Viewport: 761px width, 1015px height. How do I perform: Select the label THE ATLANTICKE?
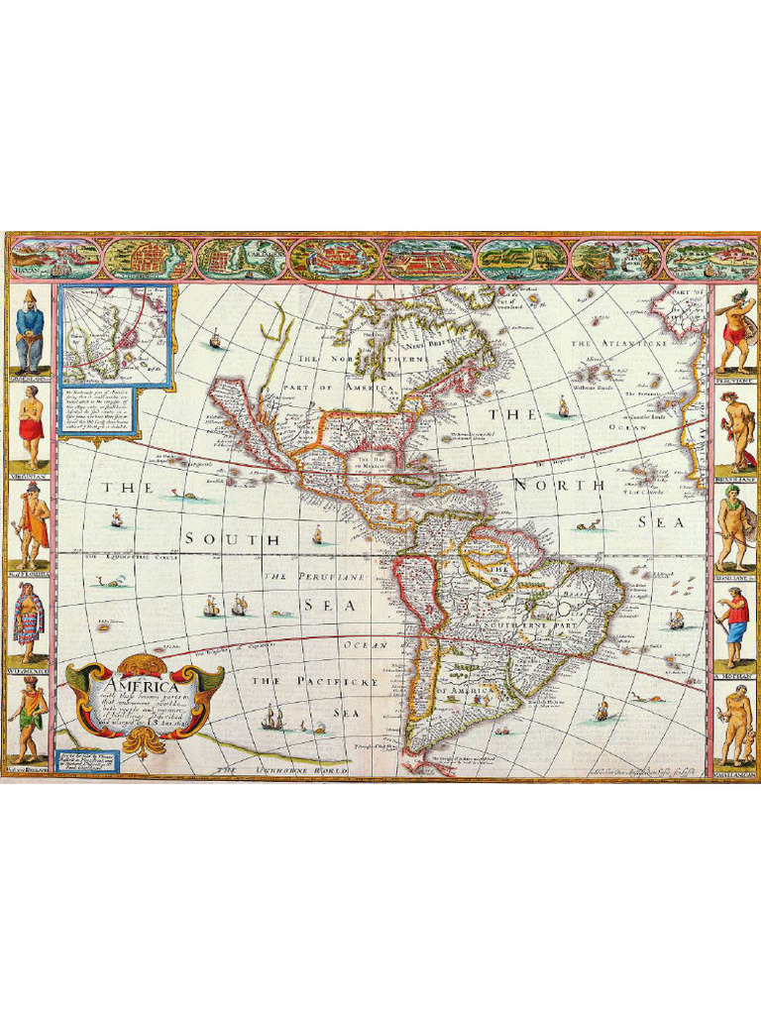point(607,343)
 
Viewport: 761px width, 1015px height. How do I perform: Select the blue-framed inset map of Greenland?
point(116,334)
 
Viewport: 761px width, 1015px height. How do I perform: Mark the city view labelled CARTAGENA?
point(242,259)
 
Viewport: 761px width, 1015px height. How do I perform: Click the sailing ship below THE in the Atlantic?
point(563,406)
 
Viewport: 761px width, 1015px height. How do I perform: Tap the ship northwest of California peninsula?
point(215,341)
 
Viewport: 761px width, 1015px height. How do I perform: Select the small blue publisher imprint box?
point(83,762)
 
